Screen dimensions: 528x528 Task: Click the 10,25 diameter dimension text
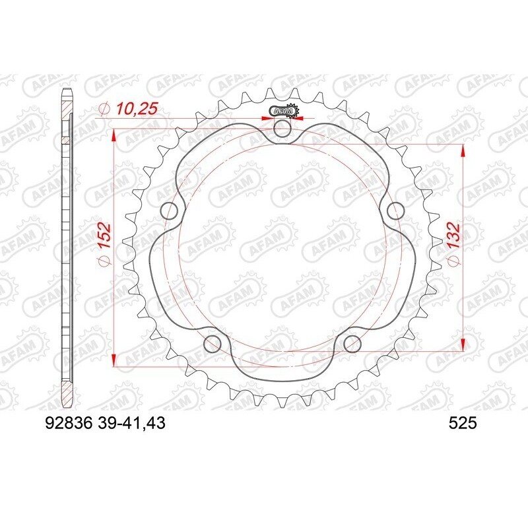tap(135, 108)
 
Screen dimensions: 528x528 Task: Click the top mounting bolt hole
tap(282, 129)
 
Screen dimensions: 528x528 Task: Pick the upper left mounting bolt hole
tap(170, 211)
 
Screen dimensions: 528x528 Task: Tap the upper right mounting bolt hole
tap(395, 211)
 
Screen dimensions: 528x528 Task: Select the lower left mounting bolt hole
tap(213, 343)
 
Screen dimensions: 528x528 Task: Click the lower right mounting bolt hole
tap(352, 343)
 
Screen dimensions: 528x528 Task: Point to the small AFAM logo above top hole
tap(282, 110)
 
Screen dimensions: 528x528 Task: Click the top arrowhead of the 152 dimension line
tap(115, 135)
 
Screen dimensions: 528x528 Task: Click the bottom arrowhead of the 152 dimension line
tap(115, 360)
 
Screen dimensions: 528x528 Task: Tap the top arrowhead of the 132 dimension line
tap(463, 150)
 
